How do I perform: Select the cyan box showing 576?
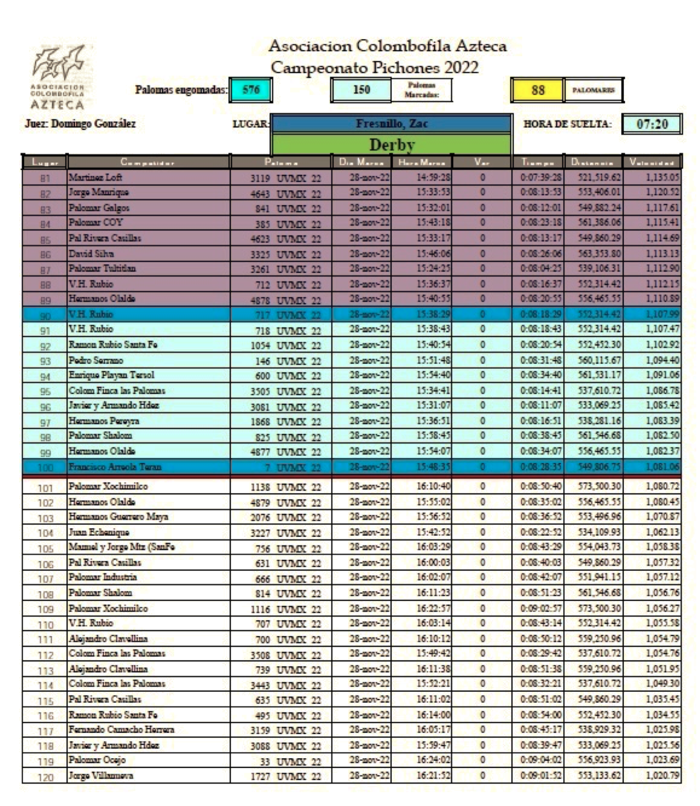[x=250, y=90]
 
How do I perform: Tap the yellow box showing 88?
[x=538, y=90]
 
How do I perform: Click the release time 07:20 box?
[x=651, y=124]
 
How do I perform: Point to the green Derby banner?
[x=391, y=145]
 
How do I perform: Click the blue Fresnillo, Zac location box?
[x=391, y=123]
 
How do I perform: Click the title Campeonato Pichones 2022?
[x=374, y=67]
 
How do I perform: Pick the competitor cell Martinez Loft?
[x=95, y=177]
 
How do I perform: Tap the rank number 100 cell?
[x=45, y=468]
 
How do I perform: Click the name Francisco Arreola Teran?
[x=115, y=467]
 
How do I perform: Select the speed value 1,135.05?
[x=662, y=177]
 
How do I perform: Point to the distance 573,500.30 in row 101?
[x=599, y=486]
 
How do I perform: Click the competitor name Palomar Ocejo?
[x=97, y=760]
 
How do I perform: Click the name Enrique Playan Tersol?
[x=111, y=375]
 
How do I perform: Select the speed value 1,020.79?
[x=662, y=775]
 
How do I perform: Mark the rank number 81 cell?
[x=45, y=178]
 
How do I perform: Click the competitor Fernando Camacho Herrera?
[x=121, y=729]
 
